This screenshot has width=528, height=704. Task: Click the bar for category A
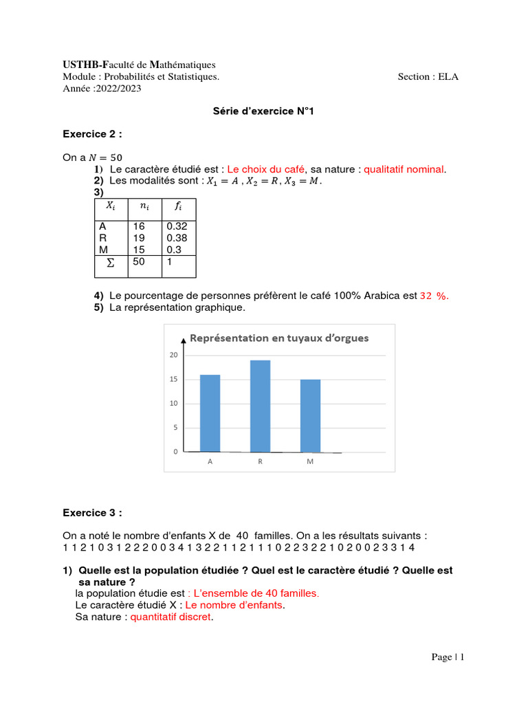210,413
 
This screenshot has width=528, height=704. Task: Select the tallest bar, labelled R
260,406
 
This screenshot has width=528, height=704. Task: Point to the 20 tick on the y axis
174,355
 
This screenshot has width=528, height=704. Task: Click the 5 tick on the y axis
175,428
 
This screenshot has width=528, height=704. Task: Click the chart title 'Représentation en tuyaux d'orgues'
278,338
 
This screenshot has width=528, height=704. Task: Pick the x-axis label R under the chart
260,462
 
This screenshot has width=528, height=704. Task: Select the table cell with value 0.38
177,238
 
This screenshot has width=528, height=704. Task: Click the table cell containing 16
139,226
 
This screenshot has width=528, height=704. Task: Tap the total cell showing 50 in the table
139,262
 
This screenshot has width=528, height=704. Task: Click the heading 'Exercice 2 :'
92,134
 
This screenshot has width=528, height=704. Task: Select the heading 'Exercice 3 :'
92,512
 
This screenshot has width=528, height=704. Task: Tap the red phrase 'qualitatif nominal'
404,169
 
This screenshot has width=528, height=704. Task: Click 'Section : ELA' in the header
428,77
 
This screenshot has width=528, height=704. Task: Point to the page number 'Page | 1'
448,657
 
